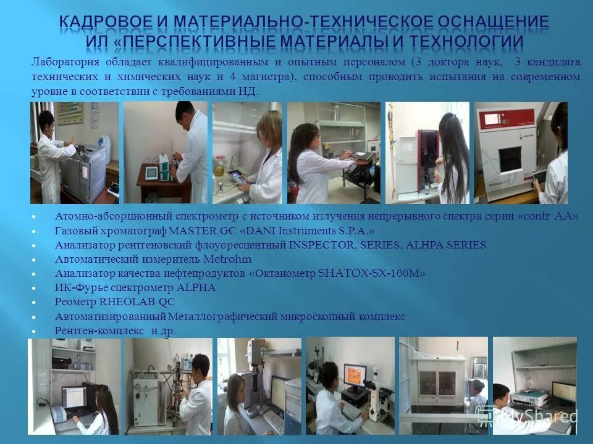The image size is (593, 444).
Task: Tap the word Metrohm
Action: click(227, 260)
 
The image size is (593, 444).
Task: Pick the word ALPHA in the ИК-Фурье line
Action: click(197, 288)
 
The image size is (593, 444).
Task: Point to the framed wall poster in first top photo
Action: click(69, 114)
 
